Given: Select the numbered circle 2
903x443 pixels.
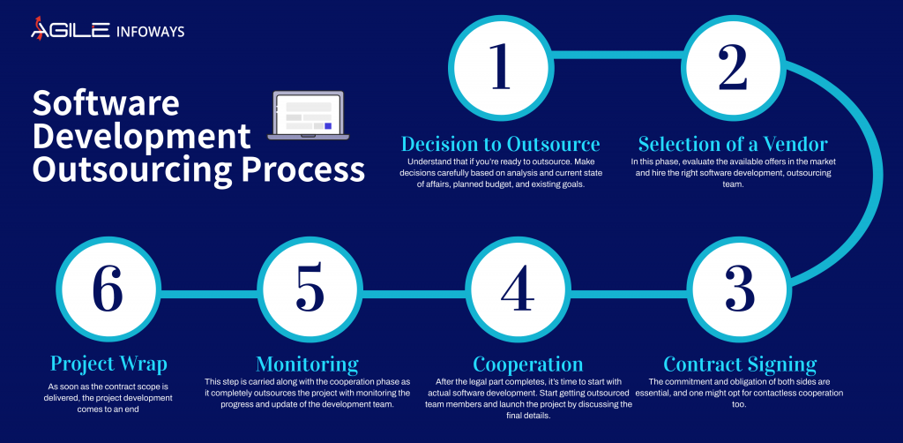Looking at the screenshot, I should click(733, 67).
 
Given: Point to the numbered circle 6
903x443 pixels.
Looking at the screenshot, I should click(106, 289).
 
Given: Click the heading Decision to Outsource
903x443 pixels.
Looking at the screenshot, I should click(501, 144).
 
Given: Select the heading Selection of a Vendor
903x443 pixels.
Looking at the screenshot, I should click(733, 144).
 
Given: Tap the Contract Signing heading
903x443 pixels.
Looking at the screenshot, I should click(740, 364).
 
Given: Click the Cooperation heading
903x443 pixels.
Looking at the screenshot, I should click(527, 364).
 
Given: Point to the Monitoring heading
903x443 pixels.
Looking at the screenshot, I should click(307, 364).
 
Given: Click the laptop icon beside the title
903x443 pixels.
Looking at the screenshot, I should click(307, 116).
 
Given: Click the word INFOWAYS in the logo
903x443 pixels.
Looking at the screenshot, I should click(150, 32).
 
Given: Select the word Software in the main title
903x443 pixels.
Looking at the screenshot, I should click(106, 104).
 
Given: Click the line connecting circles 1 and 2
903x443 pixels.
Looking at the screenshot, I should click(616, 63).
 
